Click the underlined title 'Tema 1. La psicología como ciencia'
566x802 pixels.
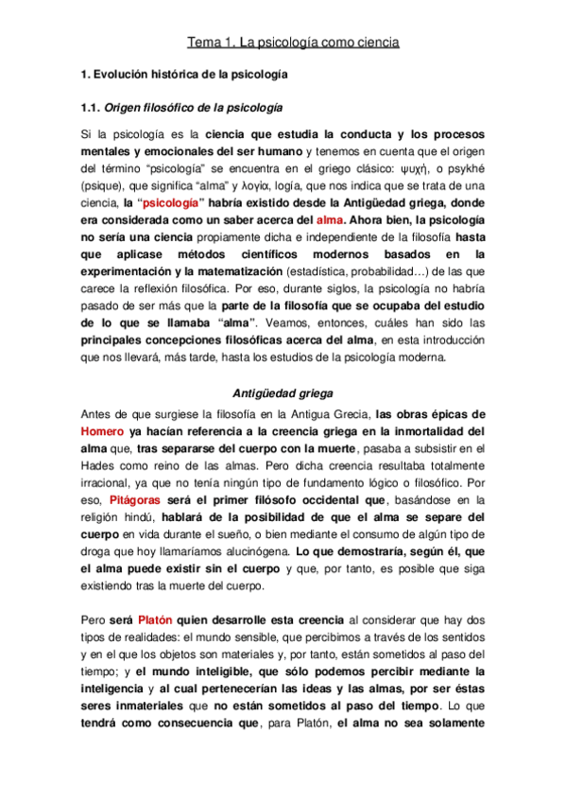coord(293,43)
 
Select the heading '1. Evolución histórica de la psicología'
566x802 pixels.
coord(184,74)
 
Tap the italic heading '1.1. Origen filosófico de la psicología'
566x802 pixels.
coord(182,107)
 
